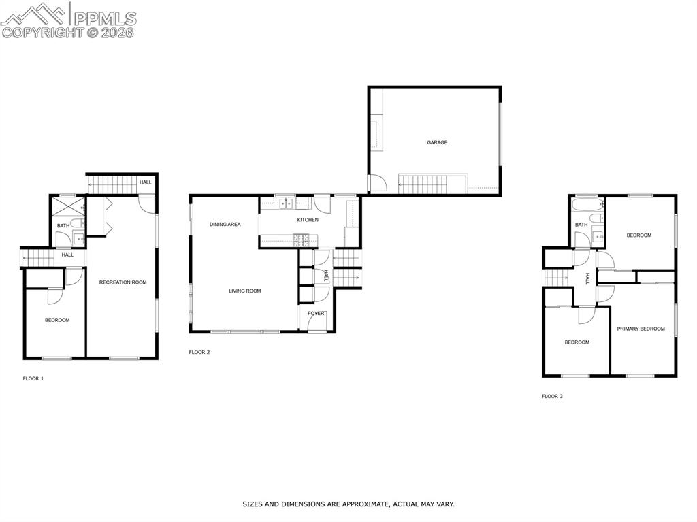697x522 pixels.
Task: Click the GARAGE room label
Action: click(x=437, y=142)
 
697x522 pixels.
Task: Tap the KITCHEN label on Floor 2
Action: click(x=308, y=220)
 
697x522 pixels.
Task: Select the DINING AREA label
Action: click(x=225, y=224)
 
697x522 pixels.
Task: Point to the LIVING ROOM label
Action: click(x=244, y=291)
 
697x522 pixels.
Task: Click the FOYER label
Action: click(x=316, y=314)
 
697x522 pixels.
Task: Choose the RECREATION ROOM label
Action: click(x=123, y=282)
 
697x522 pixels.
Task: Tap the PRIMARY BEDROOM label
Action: click(x=641, y=329)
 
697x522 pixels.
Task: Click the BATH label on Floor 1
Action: click(x=63, y=226)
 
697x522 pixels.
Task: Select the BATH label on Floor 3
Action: click(x=581, y=225)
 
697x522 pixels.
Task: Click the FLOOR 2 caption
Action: click(x=199, y=353)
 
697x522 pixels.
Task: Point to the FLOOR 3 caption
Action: click(x=552, y=396)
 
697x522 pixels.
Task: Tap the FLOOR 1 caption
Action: click(x=33, y=378)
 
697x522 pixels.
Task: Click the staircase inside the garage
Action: click(x=421, y=182)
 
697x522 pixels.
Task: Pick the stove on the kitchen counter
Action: click(x=301, y=239)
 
